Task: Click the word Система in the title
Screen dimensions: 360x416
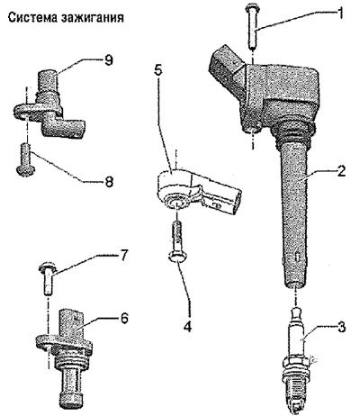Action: [x=32, y=17]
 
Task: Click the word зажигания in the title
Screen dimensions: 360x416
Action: [x=93, y=18]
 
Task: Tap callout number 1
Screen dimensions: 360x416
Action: [x=340, y=13]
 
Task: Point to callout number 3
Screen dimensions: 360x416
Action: [x=340, y=327]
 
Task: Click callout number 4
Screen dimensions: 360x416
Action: [x=187, y=326]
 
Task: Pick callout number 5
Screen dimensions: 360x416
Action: [x=166, y=70]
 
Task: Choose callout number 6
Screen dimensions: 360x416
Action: [x=123, y=318]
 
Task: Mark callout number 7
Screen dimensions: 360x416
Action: [x=123, y=256]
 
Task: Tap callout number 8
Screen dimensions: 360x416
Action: [x=109, y=181]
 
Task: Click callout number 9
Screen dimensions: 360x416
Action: [x=108, y=60]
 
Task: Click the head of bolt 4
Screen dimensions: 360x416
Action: [x=177, y=257]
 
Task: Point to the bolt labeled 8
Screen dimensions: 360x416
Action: [x=25, y=159]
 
